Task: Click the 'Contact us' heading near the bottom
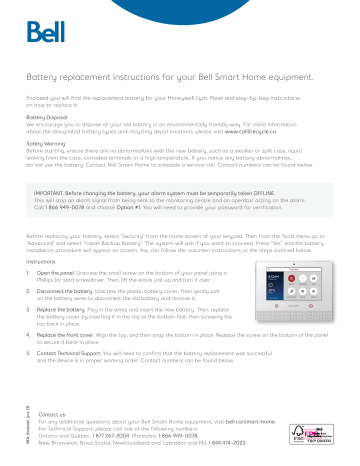[x=51, y=413]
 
